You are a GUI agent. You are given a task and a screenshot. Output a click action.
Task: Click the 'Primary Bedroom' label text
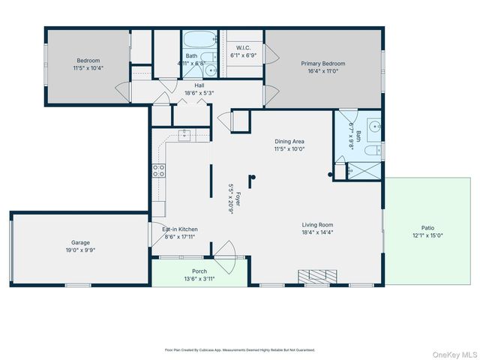(322, 64)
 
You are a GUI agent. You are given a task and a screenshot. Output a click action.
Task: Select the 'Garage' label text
(80, 242)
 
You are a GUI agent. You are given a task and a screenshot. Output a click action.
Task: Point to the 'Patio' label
(427, 228)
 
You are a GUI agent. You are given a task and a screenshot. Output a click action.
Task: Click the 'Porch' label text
(199, 271)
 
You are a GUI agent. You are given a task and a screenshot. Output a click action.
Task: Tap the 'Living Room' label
(318, 224)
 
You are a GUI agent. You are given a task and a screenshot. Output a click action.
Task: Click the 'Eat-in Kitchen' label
(180, 229)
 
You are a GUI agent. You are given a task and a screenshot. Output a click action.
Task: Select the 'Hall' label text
(199, 85)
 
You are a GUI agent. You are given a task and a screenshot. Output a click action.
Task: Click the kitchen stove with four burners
(159, 170)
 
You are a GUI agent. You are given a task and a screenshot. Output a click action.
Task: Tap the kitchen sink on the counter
(183, 134)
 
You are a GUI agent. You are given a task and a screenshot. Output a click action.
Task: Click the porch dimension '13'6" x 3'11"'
(199, 278)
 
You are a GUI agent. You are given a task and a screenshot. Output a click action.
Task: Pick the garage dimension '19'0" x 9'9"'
(80, 250)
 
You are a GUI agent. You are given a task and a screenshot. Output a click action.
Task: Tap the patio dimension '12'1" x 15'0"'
(427, 236)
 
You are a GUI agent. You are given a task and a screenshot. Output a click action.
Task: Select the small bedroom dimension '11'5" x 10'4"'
(88, 68)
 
